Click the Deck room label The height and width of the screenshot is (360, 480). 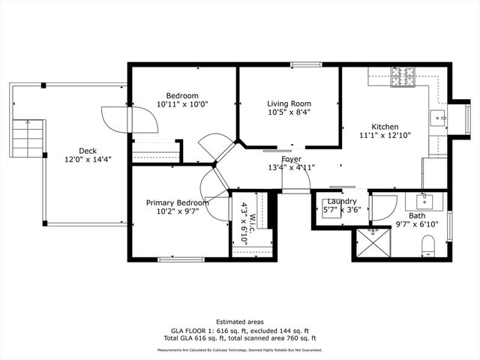point(88,151)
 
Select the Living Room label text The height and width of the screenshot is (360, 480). point(289,103)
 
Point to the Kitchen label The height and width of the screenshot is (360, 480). point(385,127)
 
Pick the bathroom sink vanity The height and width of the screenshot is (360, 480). point(425,201)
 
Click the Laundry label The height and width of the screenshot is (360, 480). point(342,201)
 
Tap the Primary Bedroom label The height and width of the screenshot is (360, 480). point(178,202)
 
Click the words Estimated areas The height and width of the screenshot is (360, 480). point(240,321)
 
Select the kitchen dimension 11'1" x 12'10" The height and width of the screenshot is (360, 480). point(385,136)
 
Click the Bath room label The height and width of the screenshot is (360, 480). point(417,215)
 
